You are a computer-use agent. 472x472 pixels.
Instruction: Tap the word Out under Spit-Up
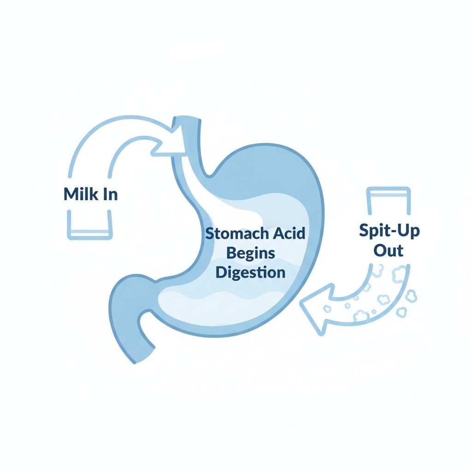coord(389,251)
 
